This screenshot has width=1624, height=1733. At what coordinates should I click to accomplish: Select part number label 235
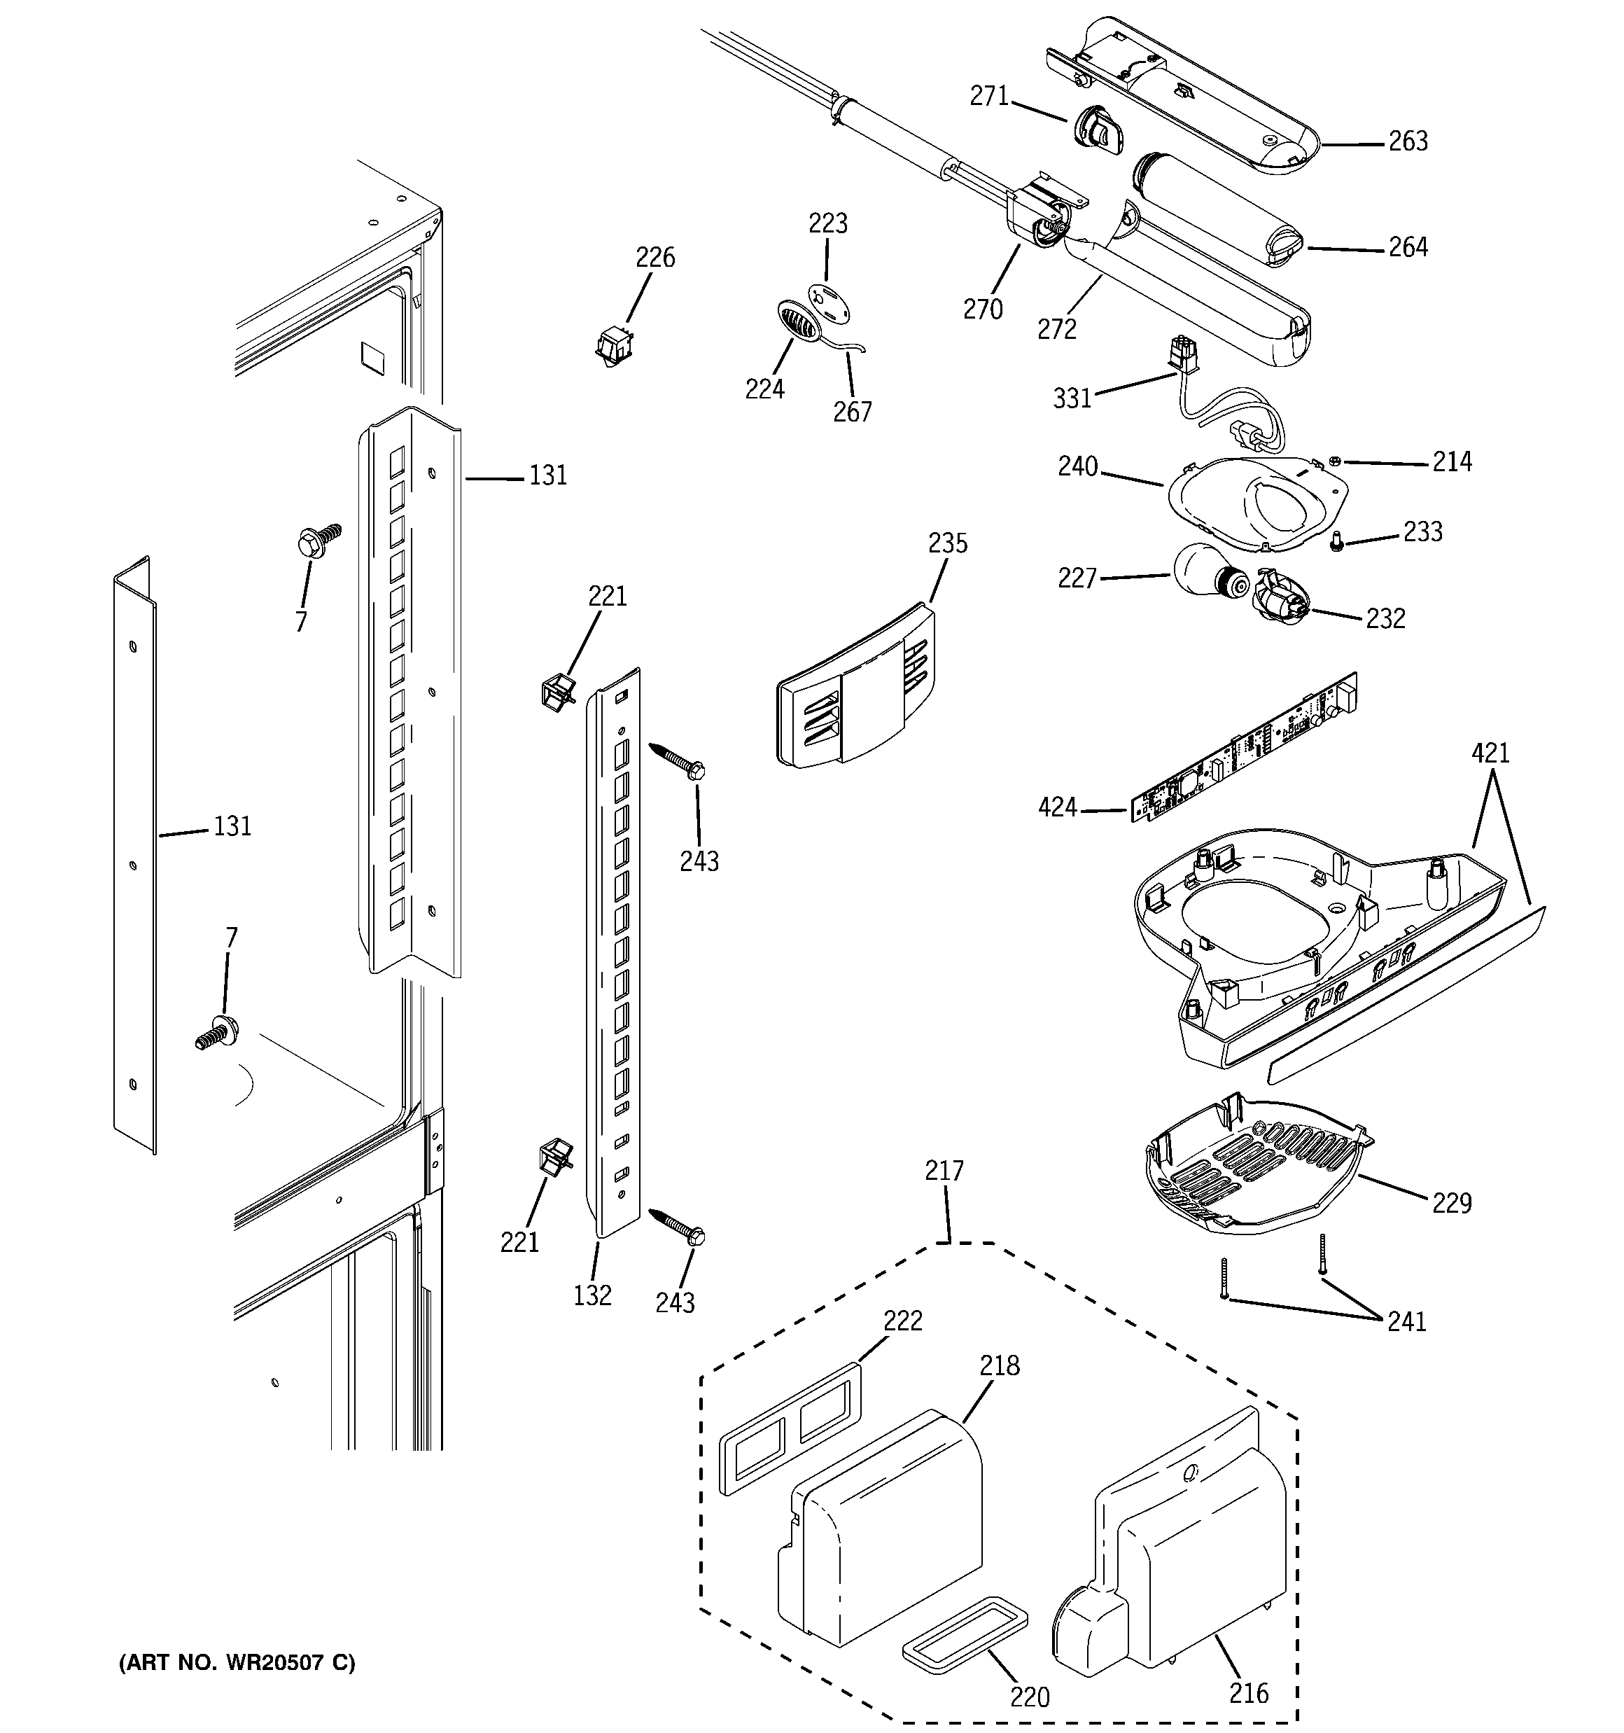pos(948,543)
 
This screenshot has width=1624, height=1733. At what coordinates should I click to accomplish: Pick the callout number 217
pos(945,1171)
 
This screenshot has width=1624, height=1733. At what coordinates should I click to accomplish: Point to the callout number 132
pos(592,1295)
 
